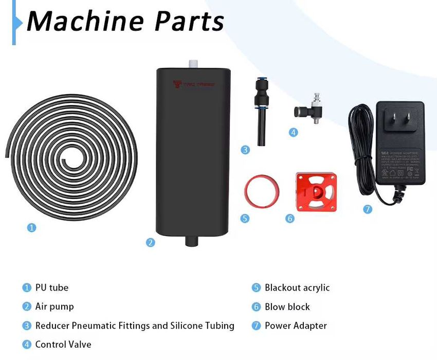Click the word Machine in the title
coord(85,22)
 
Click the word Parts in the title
coord(190,22)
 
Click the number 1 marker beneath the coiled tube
coord(31,227)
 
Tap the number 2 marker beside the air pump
coord(150,242)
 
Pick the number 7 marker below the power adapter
coord(367,209)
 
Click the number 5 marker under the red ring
coord(245,218)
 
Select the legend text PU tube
coord(51,287)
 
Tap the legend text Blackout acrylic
coord(297,287)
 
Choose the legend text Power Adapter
coord(296,326)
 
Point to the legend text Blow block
coord(287,307)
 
